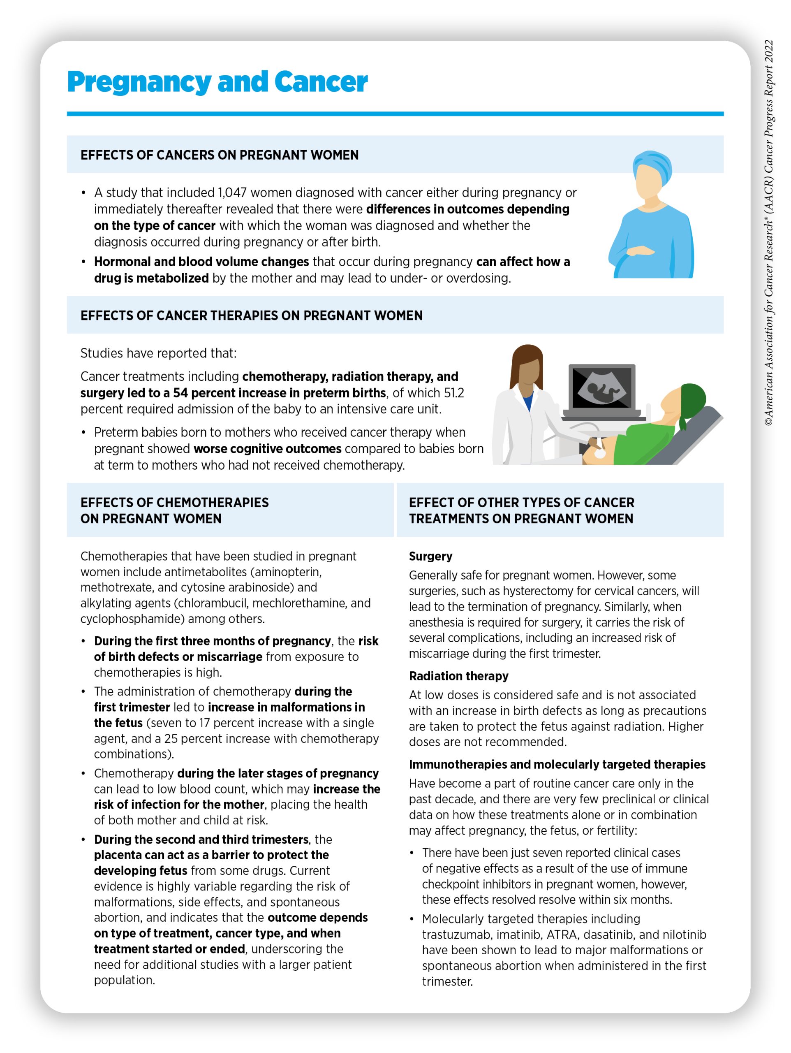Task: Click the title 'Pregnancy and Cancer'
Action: tap(217, 82)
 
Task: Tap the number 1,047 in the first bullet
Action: tap(232, 193)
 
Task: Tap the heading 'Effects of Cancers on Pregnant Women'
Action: tap(220, 155)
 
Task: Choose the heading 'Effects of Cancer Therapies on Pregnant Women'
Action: tap(251, 315)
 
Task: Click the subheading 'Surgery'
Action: tap(430, 556)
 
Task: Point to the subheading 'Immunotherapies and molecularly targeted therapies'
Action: tap(557, 765)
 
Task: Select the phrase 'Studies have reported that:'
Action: tap(158, 353)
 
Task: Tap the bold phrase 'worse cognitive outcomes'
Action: tap(268, 449)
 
